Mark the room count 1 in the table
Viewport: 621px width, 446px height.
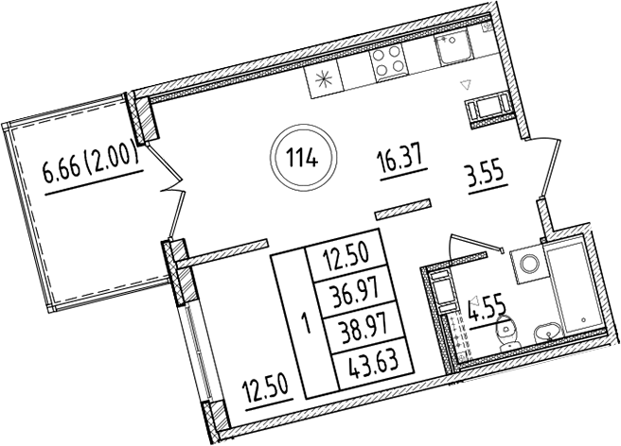click(304, 319)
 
